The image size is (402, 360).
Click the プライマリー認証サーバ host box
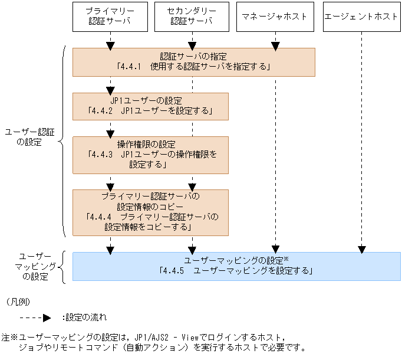click(109, 17)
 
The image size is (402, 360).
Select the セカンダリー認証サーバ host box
click(191, 17)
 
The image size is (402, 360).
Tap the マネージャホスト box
click(274, 17)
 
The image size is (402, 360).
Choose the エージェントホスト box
click(361, 17)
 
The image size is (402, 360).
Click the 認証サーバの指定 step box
click(193, 62)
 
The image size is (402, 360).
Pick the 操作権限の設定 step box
click(150, 155)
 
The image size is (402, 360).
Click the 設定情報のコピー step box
click(150, 211)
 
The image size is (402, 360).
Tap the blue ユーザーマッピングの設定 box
click(236, 266)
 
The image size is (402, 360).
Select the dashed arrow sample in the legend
click(32, 318)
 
